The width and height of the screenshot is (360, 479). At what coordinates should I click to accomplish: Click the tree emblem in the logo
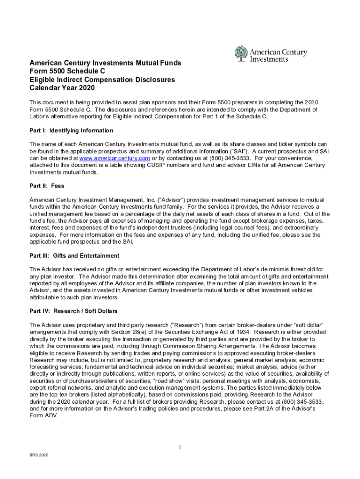coord(241,54)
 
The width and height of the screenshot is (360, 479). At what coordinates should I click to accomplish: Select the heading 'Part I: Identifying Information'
coord(72,131)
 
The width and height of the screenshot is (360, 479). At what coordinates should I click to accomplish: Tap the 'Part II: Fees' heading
coord(47,186)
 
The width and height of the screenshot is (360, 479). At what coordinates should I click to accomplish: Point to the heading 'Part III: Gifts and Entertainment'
coord(74,256)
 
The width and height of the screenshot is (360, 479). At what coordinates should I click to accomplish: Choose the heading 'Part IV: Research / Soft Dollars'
coord(73,311)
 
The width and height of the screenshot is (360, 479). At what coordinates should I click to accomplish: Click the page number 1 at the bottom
coord(180,448)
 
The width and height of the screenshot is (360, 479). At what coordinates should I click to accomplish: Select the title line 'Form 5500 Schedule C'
coord(68,71)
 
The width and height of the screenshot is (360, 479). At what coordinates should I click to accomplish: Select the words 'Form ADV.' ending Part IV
coord(43,416)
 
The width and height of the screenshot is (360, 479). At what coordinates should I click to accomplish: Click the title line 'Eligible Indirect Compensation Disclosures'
coord(102,80)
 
